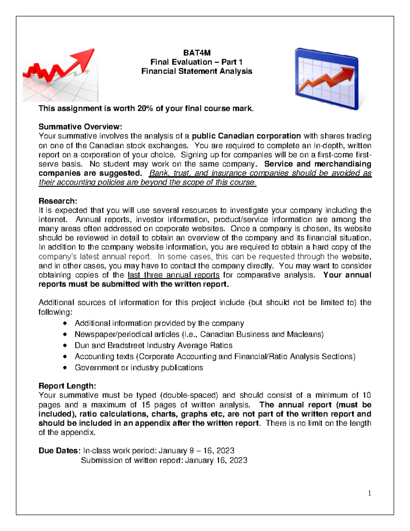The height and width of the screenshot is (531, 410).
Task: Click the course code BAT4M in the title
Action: click(x=197, y=53)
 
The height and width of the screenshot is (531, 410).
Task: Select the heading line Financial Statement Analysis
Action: click(x=197, y=71)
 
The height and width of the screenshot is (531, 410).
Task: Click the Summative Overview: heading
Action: click(x=80, y=127)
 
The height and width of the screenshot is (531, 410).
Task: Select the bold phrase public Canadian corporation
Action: click(x=246, y=136)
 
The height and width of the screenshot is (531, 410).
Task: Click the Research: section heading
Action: click(x=58, y=201)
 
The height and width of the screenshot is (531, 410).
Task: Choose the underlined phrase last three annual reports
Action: click(x=174, y=275)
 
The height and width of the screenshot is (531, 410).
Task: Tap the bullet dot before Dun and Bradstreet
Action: click(x=65, y=346)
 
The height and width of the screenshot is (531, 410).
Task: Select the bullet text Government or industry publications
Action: click(x=139, y=368)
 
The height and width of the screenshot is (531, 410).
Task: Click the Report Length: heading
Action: click(x=67, y=386)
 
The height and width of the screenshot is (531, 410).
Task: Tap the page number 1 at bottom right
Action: click(x=369, y=493)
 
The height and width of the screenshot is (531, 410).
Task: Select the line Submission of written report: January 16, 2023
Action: click(x=164, y=460)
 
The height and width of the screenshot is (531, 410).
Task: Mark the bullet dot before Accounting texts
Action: click(x=65, y=357)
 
